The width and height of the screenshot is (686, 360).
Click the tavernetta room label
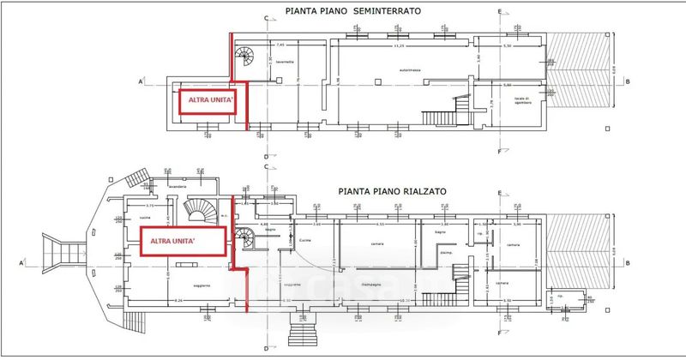click(286, 62)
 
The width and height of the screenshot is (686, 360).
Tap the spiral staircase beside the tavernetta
click(246, 58)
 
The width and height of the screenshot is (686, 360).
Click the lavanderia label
click(178, 186)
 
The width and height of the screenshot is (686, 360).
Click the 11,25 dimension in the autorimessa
click(398, 47)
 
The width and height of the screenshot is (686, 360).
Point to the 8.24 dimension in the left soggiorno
click(179, 301)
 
